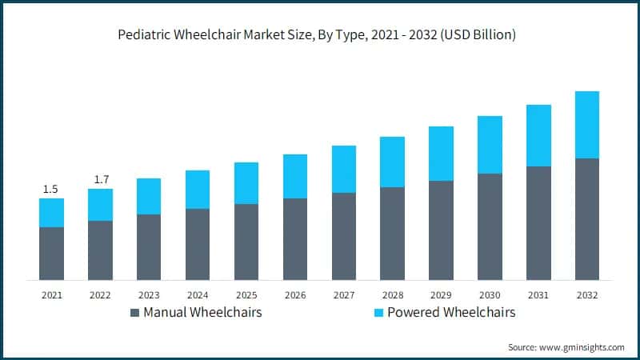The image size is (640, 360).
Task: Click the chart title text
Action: [x=320, y=34]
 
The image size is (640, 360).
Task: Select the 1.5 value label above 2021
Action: [x=50, y=189]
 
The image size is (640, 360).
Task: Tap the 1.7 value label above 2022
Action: [x=101, y=179]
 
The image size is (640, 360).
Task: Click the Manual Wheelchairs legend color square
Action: [x=134, y=312]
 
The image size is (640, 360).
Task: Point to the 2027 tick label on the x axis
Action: [x=343, y=295]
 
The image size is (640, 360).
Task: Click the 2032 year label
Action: [x=586, y=295]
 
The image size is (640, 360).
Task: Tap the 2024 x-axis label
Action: [x=198, y=295]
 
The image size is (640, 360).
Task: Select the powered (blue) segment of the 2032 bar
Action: [x=586, y=125]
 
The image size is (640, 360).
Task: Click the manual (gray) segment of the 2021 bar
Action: [x=51, y=254]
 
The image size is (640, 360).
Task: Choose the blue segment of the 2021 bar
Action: [x=51, y=213]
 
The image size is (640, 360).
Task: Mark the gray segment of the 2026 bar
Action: [x=294, y=239]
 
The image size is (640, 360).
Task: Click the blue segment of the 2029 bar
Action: [x=441, y=154]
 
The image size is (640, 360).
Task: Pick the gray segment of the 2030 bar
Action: [x=490, y=226]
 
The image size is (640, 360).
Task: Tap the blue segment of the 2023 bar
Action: [x=149, y=196]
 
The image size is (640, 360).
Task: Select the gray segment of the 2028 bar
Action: [x=392, y=234]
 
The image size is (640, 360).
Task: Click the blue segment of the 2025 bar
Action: [x=246, y=183]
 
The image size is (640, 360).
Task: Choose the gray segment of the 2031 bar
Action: [x=538, y=223]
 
